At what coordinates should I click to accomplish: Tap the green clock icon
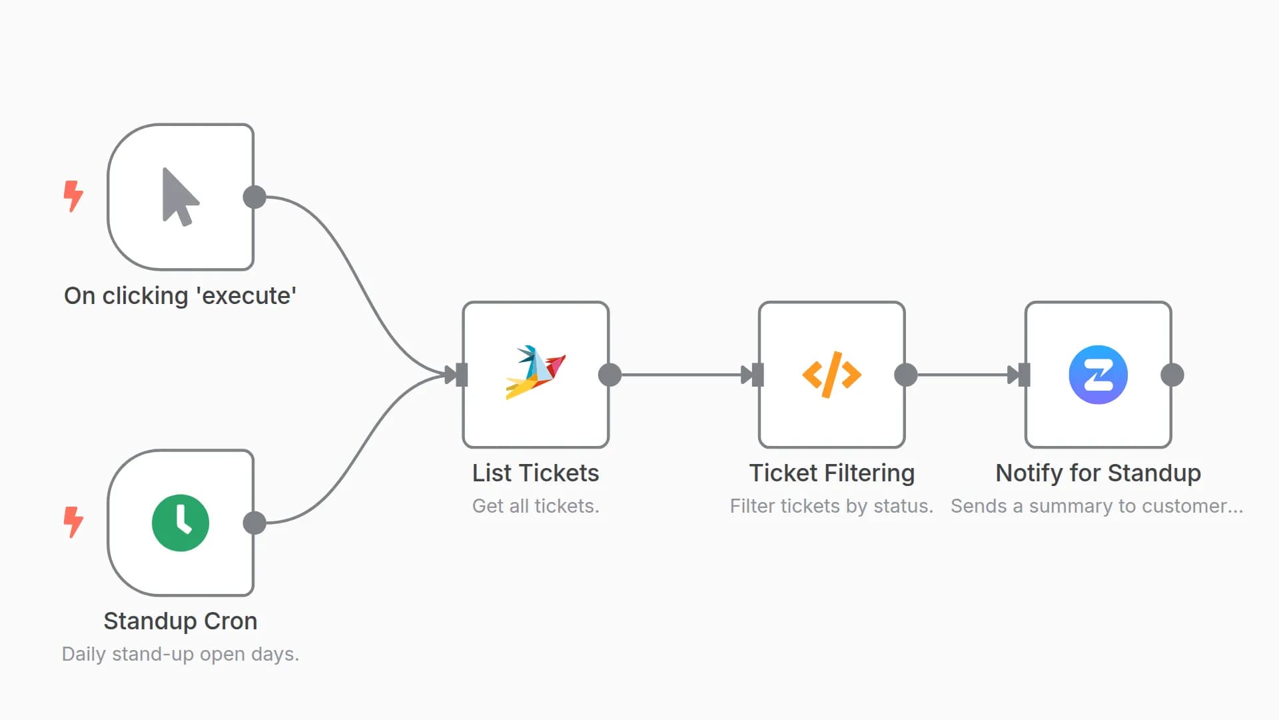tap(181, 523)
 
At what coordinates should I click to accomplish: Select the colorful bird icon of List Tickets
tap(536, 373)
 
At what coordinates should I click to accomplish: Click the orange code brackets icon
tap(832, 375)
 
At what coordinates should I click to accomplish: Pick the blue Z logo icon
tap(1098, 375)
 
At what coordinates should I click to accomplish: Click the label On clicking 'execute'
tap(180, 295)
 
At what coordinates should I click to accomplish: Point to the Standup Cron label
tap(180, 621)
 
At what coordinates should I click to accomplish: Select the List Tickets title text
tap(536, 473)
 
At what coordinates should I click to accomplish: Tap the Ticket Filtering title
tap(832, 473)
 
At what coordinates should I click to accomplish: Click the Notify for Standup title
tap(1098, 473)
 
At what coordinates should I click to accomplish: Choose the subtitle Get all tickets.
tap(536, 506)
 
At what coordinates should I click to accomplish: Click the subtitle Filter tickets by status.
tap(831, 506)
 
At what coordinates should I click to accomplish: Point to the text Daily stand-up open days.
tap(180, 654)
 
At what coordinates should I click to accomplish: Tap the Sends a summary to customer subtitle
tap(1096, 506)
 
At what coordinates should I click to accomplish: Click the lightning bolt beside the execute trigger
tap(73, 196)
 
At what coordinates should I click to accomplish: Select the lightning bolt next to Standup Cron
tap(73, 522)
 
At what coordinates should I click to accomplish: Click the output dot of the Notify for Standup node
tap(1172, 375)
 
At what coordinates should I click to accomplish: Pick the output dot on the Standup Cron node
tap(254, 523)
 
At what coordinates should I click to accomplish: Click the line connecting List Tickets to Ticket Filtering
tap(679, 375)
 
